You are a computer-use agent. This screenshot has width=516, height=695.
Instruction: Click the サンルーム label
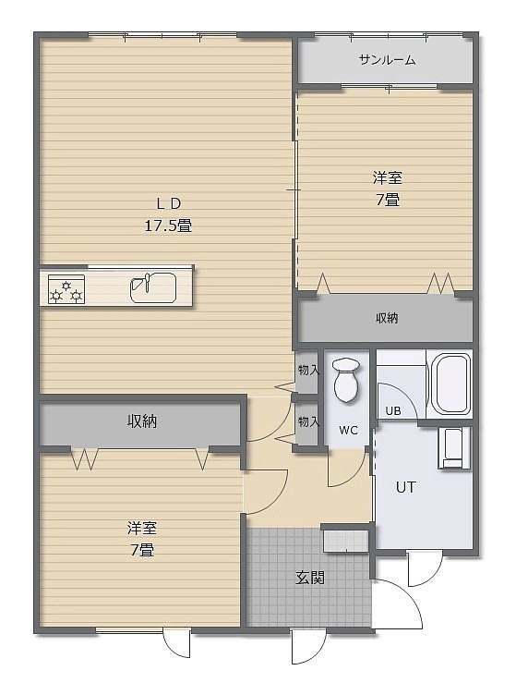point(387,60)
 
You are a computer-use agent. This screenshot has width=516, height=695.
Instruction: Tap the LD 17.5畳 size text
point(168,226)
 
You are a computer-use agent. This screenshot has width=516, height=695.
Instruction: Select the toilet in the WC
point(345,381)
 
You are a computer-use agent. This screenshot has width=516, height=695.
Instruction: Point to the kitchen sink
point(153,287)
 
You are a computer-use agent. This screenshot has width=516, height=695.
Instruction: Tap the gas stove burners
point(66,289)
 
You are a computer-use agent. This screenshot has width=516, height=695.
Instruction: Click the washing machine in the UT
point(454,448)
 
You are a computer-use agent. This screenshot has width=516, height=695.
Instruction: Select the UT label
point(405,488)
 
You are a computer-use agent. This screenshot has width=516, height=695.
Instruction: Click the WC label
point(348,430)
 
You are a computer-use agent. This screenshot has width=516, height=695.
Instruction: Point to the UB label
point(393,411)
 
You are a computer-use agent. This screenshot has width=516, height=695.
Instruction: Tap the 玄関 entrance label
point(310,578)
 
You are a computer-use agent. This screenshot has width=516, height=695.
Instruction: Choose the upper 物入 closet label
point(308,370)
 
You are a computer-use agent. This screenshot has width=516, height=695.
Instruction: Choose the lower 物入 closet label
point(308,421)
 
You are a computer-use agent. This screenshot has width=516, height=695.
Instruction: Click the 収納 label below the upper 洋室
point(387,318)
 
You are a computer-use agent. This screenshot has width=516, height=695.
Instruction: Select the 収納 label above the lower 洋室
point(142,421)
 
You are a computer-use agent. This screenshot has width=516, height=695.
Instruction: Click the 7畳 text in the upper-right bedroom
point(388,201)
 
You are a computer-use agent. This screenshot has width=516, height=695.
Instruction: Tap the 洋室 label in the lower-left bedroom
point(142,529)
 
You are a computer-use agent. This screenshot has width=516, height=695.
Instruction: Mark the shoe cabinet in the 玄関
point(345,541)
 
